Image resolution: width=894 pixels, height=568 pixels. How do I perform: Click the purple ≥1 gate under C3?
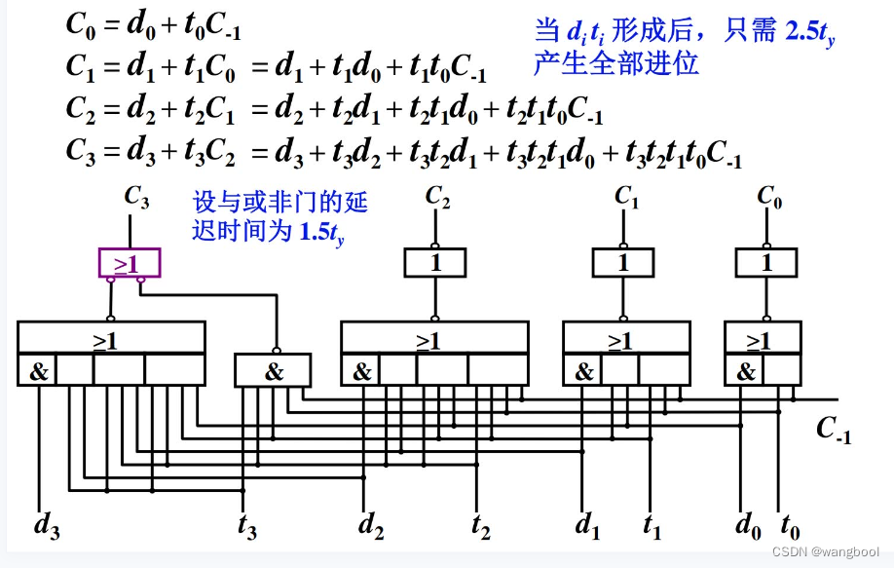pyautogui.click(x=129, y=263)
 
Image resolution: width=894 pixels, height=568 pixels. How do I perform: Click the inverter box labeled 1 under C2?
pyautogui.click(x=435, y=262)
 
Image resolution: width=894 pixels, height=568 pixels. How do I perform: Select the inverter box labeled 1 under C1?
pyautogui.click(x=623, y=262)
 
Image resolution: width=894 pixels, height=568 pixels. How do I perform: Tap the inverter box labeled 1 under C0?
pyautogui.click(x=766, y=262)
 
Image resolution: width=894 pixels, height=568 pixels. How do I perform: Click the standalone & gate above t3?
pyautogui.click(x=274, y=370)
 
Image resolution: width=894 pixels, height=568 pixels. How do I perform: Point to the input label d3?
pyautogui.click(x=47, y=525)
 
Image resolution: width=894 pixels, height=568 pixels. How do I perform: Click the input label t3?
pyautogui.click(x=246, y=527)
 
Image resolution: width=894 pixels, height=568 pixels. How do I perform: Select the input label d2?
pyautogui.click(x=370, y=525)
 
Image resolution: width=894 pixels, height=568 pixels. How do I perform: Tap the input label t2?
pyautogui.click(x=480, y=527)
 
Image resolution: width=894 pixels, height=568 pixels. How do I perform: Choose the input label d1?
pyautogui.click(x=587, y=525)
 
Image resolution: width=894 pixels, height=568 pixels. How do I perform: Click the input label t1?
pyautogui.click(x=652, y=527)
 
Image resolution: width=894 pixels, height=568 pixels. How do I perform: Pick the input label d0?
pyautogui.click(x=748, y=527)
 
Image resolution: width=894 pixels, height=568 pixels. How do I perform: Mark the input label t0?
pyautogui.click(x=790, y=527)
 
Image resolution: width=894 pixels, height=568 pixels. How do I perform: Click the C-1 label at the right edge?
pyautogui.click(x=834, y=430)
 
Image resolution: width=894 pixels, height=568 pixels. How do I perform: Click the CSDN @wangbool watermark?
pyautogui.click(x=826, y=551)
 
